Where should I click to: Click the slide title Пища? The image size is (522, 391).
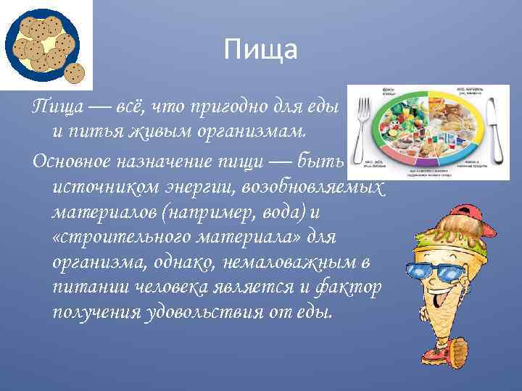coord(260,50)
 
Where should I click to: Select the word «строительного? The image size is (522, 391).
coord(112,237)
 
